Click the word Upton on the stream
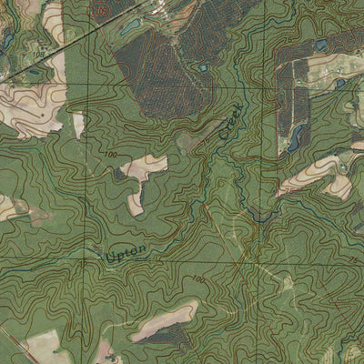[126, 255]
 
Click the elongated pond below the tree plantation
[296, 136]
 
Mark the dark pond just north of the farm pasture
[323, 43]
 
